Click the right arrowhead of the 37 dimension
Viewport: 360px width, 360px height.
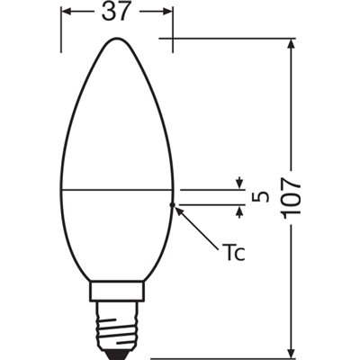[x=168, y=13]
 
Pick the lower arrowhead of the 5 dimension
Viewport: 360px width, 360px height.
[x=240, y=211]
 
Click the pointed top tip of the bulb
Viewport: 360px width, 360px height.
[x=117, y=40]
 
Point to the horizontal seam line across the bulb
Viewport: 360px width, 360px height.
[x=117, y=191]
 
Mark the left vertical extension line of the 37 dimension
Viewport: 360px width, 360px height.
[x=60, y=27]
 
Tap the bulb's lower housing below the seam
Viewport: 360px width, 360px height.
[x=117, y=234]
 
